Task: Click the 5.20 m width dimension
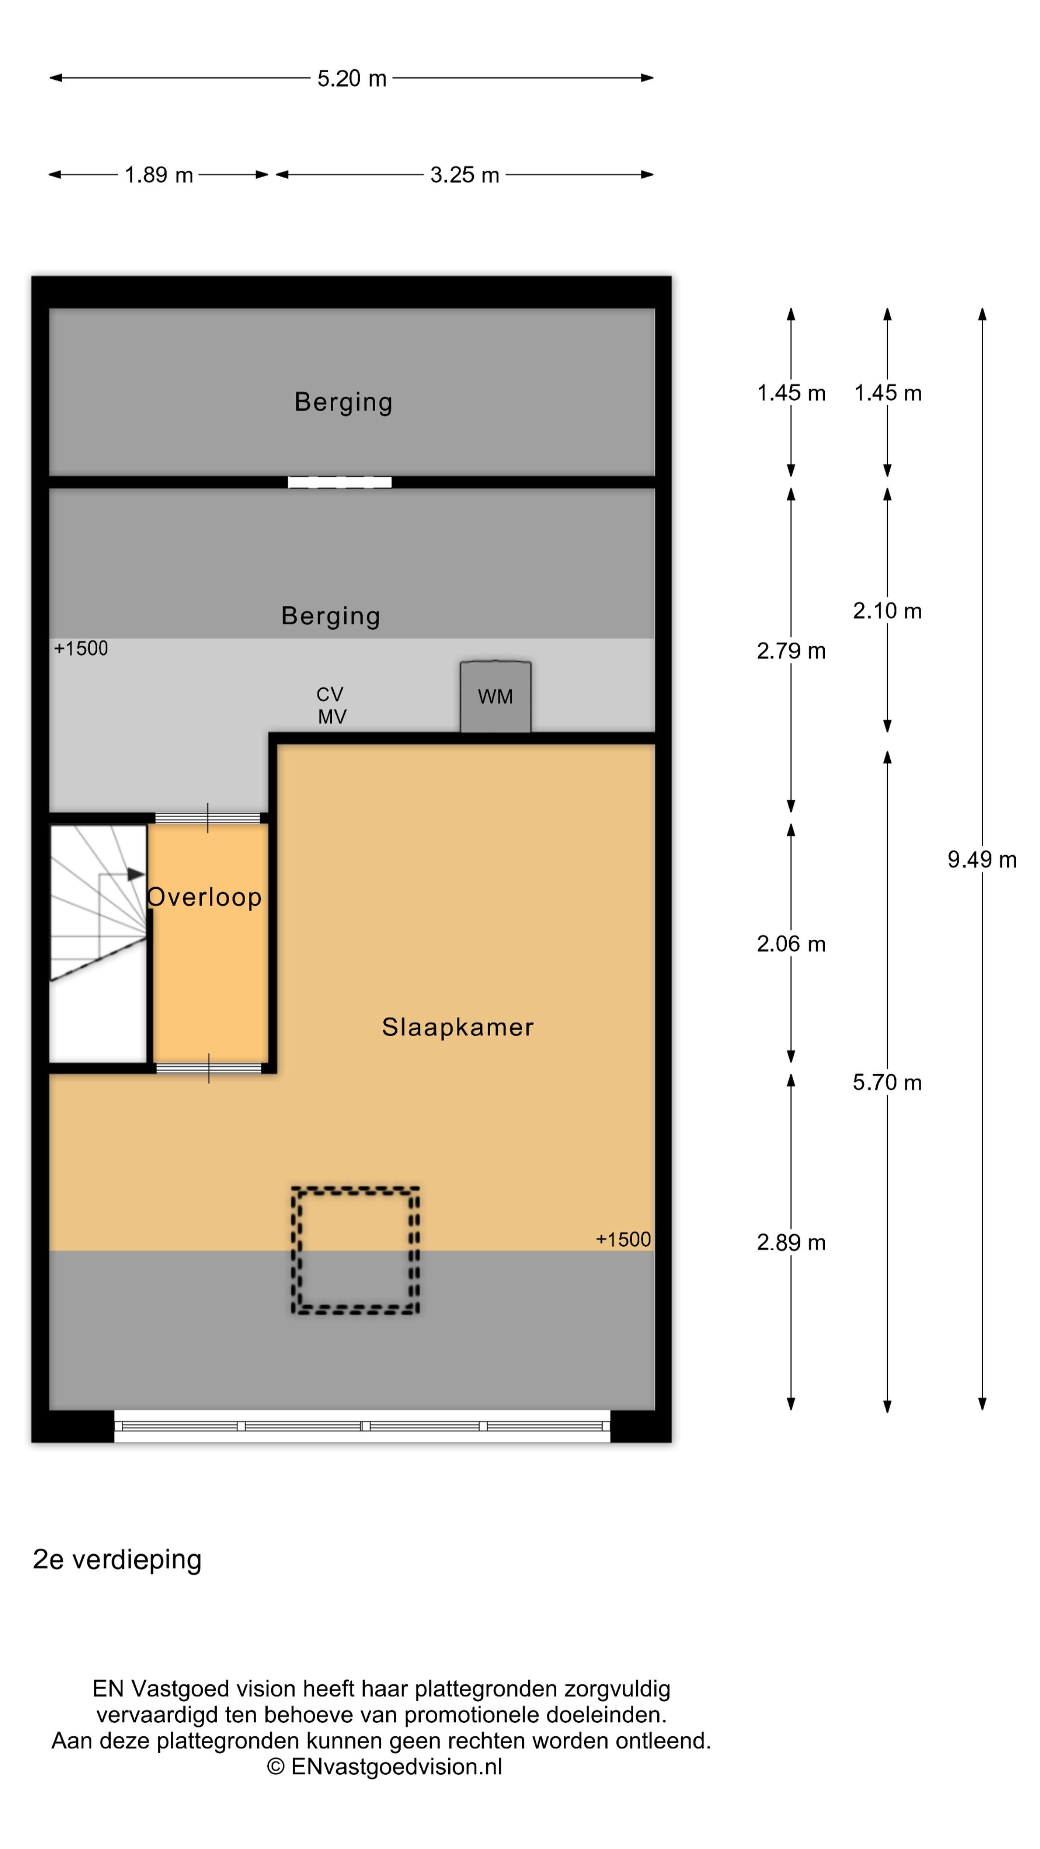click(x=351, y=78)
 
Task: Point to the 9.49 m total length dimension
click(x=982, y=859)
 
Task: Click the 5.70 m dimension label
click(x=887, y=1082)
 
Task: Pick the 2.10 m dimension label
click(x=887, y=611)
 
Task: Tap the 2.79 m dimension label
click(x=791, y=651)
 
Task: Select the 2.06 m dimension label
click(x=791, y=944)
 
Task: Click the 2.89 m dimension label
click(x=791, y=1242)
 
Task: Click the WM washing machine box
click(x=495, y=696)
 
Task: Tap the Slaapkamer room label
click(x=458, y=1027)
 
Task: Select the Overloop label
click(x=205, y=897)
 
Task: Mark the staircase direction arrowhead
click(x=136, y=874)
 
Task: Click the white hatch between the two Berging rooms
click(x=339, y=482)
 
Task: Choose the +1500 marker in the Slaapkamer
click(x=623, y=1239)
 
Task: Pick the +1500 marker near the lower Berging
click(x=80, y=648)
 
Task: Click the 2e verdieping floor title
click(x=117, y=1560)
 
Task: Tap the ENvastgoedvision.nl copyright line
click(x=385, y=1767)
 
